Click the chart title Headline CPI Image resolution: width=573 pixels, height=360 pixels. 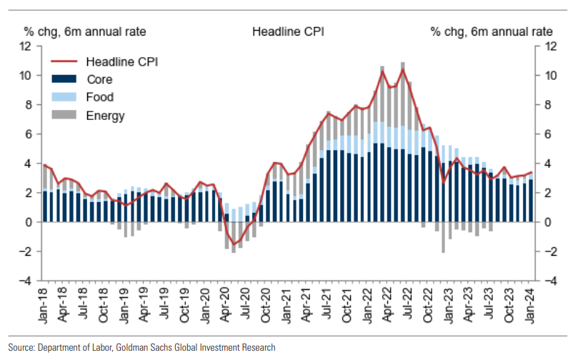tap(286, 32)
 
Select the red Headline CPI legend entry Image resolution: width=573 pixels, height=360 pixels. tap(121, 61)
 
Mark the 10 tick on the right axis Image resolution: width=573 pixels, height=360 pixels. tap(550, 76)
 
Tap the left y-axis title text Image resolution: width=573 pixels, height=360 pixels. tap(75, 32)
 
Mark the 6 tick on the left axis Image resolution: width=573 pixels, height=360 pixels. tap(28, 134)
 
